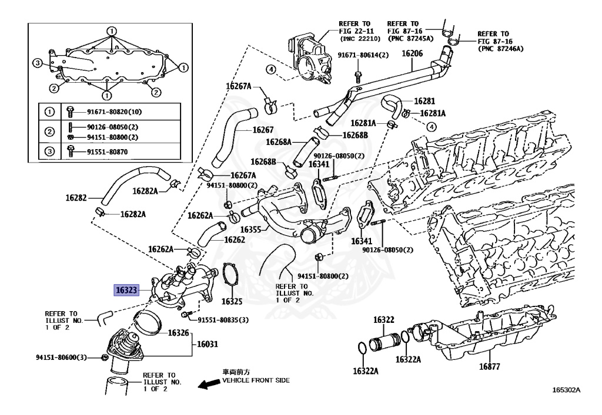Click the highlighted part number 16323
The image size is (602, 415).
point(126,290)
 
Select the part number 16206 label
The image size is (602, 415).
point(412,53)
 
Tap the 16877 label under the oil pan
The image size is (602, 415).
point(489,367)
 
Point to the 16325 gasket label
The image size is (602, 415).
point(232,302)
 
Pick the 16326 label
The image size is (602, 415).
point(178,333)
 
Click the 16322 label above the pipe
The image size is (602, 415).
point(384,320)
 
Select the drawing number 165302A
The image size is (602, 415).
point(566,389)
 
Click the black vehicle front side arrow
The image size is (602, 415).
point(208,384)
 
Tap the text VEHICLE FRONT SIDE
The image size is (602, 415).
point(256,380)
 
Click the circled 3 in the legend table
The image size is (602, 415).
point(50,152)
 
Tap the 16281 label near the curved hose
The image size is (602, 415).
point(424,101)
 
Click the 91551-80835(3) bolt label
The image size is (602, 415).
point(223,320)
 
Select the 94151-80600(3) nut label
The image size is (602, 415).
point(61,357)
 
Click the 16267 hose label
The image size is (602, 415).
point(263,130)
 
